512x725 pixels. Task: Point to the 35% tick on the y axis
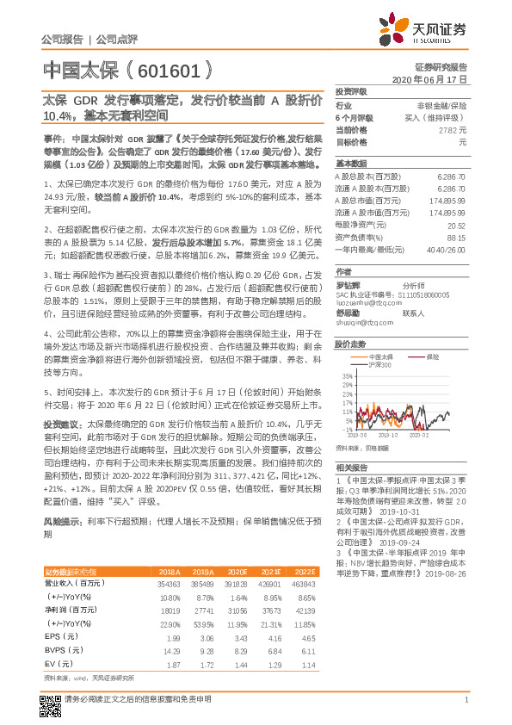click(346, 376)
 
